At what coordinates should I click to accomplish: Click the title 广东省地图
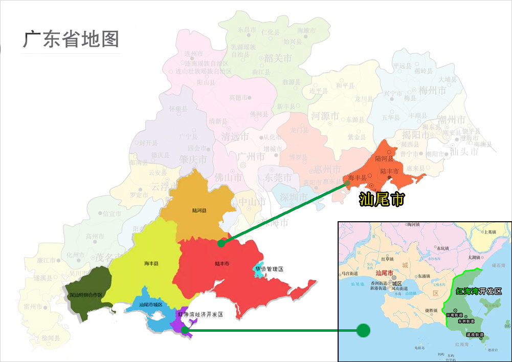[71, 39]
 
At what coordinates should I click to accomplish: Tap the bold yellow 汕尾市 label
[382, 198]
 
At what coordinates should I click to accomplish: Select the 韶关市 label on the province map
[278, 58]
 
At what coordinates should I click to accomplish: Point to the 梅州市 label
[432, 91]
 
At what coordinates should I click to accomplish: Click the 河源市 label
[326, 116]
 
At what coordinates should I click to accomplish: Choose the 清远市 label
[235, 137]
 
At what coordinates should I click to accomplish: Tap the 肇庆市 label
[193, 160]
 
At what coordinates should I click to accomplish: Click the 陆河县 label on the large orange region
[199, 210]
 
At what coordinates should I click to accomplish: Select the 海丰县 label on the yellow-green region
[151, 264]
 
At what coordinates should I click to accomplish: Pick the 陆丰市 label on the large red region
[221, 264]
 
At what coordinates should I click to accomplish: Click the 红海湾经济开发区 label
[200, 314]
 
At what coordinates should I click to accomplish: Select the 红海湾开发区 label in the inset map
[479, 291]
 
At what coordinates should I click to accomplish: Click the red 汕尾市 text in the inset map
[384, 273]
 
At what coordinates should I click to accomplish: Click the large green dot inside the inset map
[363, 330]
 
